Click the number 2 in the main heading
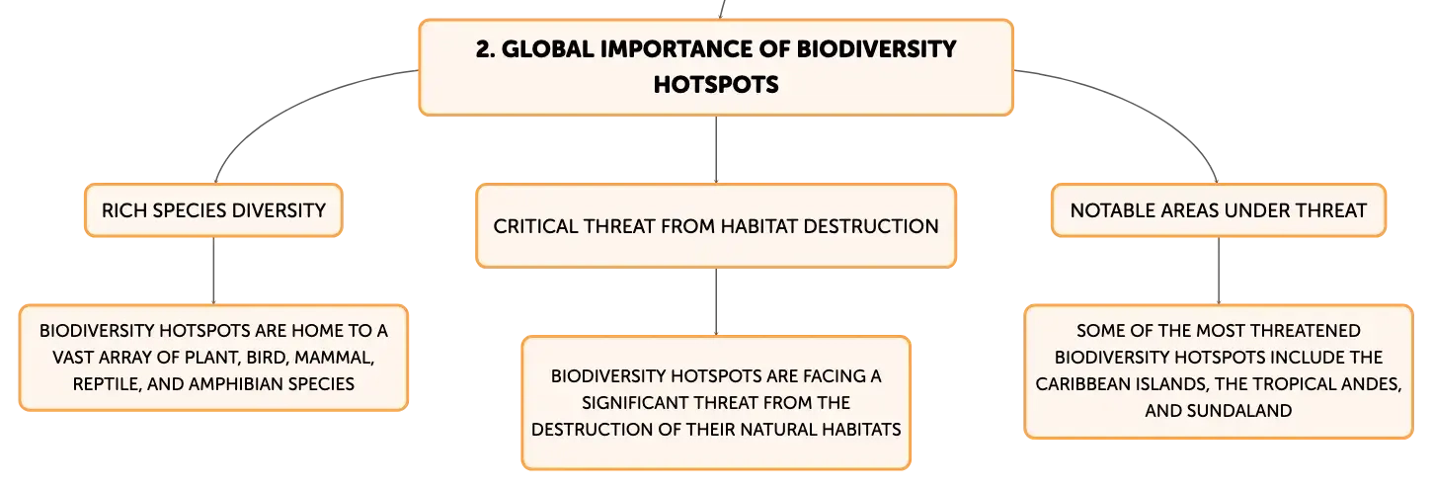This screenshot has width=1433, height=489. point(485,49)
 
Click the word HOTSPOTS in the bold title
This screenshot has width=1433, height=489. point(716,85)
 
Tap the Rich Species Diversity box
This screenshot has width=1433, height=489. point(213,210)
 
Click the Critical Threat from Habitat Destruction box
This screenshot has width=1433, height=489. point(716,226)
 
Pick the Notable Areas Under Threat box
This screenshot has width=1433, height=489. point(1219,210)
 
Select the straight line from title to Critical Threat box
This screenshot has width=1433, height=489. point(716,150)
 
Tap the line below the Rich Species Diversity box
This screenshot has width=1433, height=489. point(213,271)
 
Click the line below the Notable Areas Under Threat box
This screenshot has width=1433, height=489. point(1219,271)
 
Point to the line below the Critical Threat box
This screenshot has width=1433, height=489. point(716,301)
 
